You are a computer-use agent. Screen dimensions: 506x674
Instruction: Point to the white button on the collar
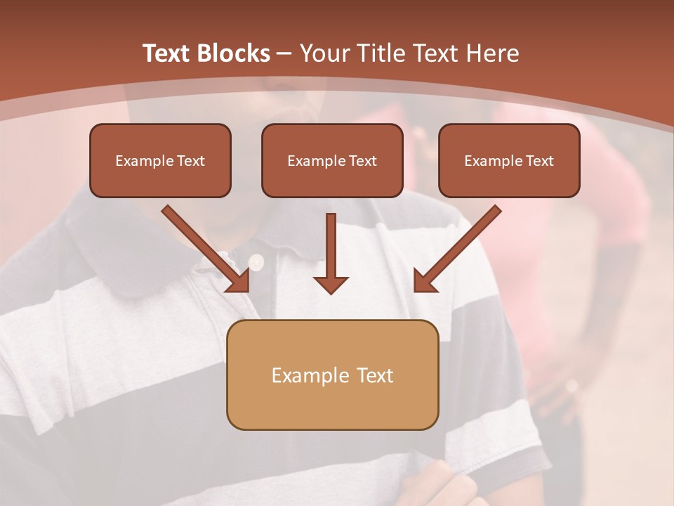pyautogui.click(x=256, y=263)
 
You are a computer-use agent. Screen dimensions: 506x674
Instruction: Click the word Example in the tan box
pyautogui.click(x=301, y=376)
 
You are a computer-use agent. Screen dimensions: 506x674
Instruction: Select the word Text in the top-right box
pyautogui.click(x=539, y=161)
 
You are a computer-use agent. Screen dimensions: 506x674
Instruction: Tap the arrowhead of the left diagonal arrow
pyautogui.click(x=239, y=281)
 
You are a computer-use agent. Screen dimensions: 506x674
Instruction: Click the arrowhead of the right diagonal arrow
pyautogui.click(x=423, y=281)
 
